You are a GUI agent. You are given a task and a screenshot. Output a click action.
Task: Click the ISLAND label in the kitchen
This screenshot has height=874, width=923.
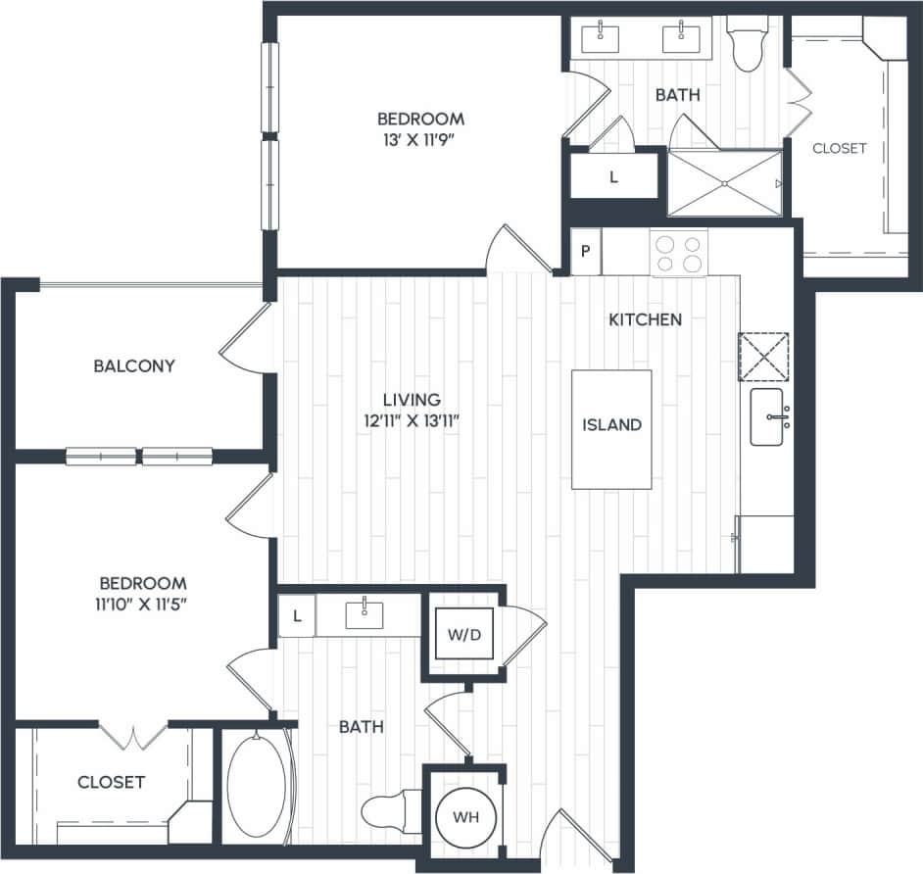point(612,425)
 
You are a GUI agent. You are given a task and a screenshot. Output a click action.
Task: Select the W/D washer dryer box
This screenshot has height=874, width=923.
point(464,635)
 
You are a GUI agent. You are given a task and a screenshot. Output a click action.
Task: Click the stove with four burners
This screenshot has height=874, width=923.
point(679,253)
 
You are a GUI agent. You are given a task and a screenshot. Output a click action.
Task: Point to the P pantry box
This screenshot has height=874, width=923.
point(586,251)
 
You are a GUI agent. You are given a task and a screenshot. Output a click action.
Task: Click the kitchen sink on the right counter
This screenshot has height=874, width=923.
point(768,416)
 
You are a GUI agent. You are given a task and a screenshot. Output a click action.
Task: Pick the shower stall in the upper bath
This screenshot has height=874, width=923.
point(724,183)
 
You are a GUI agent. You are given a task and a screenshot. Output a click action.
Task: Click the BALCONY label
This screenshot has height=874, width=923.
point(134,366)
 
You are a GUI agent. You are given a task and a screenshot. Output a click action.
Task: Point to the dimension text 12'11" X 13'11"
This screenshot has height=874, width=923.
point(412,420)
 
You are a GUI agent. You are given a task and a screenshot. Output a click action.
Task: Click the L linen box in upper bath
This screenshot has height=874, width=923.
point(613,177)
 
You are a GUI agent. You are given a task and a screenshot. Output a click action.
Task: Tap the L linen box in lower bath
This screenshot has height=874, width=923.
point(297,617)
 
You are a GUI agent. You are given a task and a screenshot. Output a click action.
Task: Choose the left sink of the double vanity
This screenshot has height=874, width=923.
point(600,38)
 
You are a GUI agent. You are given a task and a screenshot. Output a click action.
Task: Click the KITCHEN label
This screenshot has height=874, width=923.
point(645,319)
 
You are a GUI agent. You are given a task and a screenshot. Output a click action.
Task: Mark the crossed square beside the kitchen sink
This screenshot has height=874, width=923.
point(763,355)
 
